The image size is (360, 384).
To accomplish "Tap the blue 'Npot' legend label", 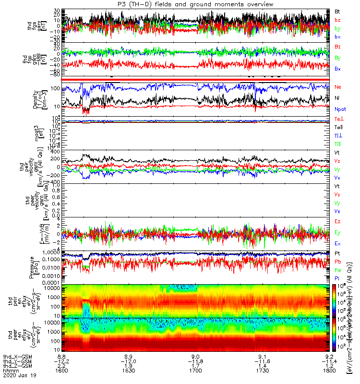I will (x=339, y=109).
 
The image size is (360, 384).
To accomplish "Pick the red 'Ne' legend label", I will (x=337, y=87).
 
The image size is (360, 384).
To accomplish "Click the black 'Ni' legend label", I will (x=337, y=98).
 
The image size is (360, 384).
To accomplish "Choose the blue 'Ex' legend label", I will (x=337, y=243).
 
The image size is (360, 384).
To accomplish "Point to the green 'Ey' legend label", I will (x=337, y=232).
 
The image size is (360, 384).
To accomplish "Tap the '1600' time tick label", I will (x=62, y=370).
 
